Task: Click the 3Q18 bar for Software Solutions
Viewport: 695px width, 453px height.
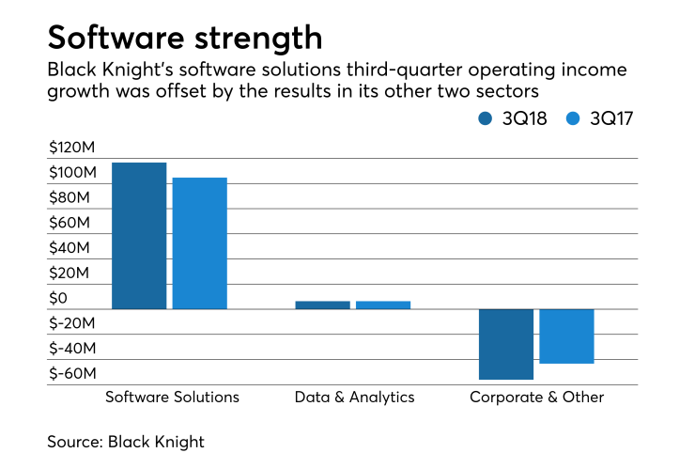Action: pyautogui.click(x=139, y=236)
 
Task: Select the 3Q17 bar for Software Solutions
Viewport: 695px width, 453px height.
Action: pyautogui.click(x=199, y=243)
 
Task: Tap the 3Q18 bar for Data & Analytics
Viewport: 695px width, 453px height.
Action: pyautogui.click(x=322, y=305)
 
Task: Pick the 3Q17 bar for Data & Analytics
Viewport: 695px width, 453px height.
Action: pyautogui.click(x=383, y=305)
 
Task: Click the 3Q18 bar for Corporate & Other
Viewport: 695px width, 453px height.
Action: pyautogui.click(x=506, y=344)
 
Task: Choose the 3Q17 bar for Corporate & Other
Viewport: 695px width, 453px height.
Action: pyautogui.click(x=566, y=336)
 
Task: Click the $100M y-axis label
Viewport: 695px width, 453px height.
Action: pyautogui.click(x=73, y=173)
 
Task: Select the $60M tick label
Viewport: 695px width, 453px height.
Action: pyautogui.click(x=73, y=224)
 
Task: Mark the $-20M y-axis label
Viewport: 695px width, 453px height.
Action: pyautogui.click(x=73, y=323)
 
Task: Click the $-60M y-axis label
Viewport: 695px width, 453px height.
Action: pyautogui.click(x=73, y=373)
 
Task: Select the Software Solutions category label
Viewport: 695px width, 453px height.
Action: pyautogui.click(x=172, y=397)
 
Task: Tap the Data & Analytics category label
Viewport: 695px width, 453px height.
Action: pyautogui.click(x=354, y=397)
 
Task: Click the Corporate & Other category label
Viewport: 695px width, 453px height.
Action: pyautogui.click(x=536, y=397)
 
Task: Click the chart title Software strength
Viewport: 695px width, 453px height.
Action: pyautogui.click(x=184, y=38)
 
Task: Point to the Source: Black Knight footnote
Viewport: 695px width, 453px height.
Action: pyautogui.click(x=126, y=441)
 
